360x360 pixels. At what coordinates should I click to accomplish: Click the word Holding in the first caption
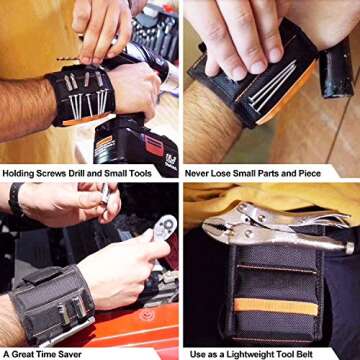click(22, 173)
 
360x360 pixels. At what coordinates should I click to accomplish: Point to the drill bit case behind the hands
click(150, 30)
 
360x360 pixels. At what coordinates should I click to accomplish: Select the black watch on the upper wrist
click(15, 199)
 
